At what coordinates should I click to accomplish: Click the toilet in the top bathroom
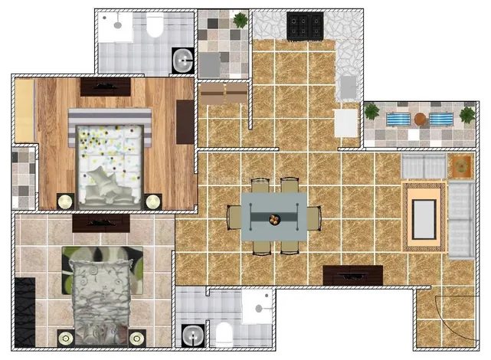click(155, 28)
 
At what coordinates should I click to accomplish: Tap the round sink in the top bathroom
click(182, 60)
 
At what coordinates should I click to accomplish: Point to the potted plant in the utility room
click(240, 19)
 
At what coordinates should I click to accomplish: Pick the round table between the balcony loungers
click(420, 119)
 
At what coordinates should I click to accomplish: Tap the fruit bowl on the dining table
click(273, 218)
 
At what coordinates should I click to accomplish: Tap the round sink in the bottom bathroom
click(191, 334)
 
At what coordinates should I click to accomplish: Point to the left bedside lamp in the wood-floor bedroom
click(65, 201)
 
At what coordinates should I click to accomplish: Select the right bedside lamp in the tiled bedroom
click(137, 337)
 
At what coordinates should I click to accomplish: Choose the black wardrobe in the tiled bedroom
click(25, 313)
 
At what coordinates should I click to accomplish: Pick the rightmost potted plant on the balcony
click(466, 116)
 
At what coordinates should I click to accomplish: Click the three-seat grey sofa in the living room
click(462, 220)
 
